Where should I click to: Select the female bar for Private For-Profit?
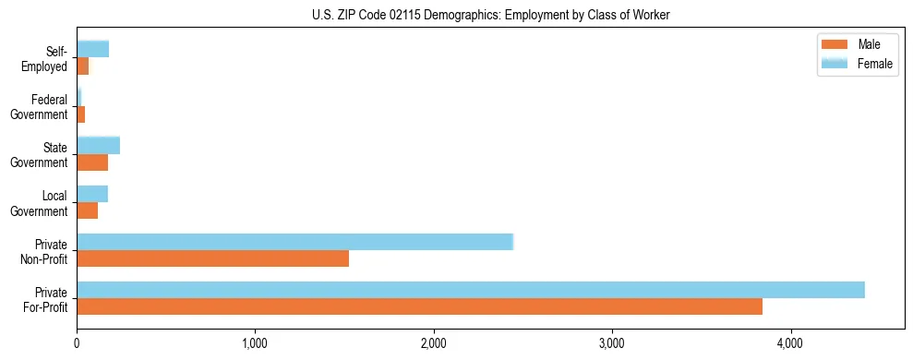point(470,290)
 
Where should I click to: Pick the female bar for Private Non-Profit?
point(294,242)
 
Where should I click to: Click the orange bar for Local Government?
point(87,210)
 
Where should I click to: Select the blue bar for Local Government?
point(92,194)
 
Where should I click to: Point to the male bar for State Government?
point(92,162)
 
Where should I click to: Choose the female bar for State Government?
point(98,146)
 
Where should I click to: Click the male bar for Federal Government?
point(80,114)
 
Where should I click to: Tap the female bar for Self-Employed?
point(92,50)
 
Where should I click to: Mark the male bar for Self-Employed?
point(82,66)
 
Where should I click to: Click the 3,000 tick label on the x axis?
point(612,343)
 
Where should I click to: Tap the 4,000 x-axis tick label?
point(790,343)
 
